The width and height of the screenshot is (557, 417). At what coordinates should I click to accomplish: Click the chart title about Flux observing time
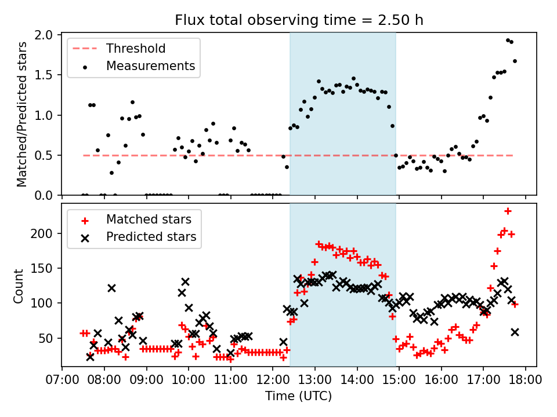[x=299, y=20]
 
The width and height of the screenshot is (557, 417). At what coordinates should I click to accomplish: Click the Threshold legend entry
[x=136, y=49]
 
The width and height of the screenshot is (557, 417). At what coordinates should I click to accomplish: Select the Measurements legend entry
[x=150, y=66]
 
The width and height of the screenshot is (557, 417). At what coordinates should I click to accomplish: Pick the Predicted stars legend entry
[x=151, y=237]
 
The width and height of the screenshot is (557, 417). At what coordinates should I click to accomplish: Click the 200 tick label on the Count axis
[x=46, y=233]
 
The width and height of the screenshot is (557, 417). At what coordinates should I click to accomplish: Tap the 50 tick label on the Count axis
[x=49, y=338]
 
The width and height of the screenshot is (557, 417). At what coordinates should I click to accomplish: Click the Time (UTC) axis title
[x=299, y=397]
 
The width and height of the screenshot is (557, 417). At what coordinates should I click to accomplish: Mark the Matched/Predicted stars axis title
[x=22, y=114]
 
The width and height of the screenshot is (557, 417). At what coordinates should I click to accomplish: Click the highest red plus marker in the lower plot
[x=508, y=211]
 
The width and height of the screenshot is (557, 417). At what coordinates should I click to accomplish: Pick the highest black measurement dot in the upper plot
[x=508, y=41]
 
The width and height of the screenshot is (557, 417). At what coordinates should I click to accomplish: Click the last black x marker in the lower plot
[x=515, y=332]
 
